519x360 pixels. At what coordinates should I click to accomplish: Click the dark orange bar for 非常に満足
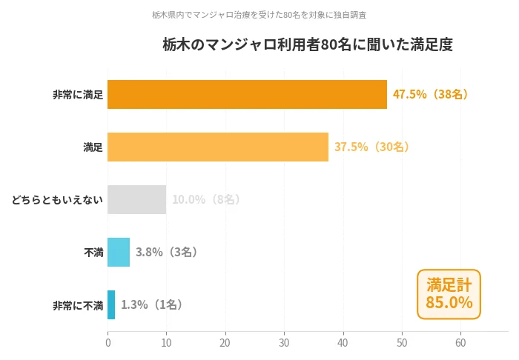click(x=247, y=94)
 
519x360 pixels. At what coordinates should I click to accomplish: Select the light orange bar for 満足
click(x=218, y=147)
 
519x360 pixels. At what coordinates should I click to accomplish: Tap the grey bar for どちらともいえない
click(x=136, y=199)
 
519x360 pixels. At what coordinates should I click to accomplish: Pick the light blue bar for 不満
click(x=119, y=252)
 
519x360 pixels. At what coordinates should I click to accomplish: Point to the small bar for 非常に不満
click(x=111, y=304)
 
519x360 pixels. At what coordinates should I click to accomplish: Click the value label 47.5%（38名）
click(x=431, y=94)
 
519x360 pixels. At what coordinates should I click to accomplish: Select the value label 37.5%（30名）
click(x=372, y=147)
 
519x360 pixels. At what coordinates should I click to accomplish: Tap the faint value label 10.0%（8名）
click(x=207, y=199)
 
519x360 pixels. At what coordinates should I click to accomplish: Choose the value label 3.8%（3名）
click(x=167, y=252)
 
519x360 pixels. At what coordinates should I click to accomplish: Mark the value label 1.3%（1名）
click(x=152, y=304)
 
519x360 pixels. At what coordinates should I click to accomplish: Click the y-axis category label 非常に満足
click(x=78, y=95)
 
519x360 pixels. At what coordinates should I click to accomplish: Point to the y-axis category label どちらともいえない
click(x=57, y=199)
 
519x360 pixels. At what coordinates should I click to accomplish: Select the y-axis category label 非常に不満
click(x=78, y=304)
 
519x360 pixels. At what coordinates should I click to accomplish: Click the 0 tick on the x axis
click(x=108, y=343)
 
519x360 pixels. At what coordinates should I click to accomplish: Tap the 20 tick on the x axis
click(x=225, y=343)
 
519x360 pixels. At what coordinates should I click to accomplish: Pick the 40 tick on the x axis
click(x=343, y=343)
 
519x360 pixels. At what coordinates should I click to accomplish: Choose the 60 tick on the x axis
click(x=460, y=343)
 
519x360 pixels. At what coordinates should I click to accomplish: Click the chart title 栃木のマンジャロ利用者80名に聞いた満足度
click(x=308, y=44)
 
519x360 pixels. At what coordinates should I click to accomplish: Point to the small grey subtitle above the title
click(x=259, y=15)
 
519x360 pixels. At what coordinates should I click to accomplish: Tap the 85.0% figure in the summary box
click(x=449, y=302)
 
